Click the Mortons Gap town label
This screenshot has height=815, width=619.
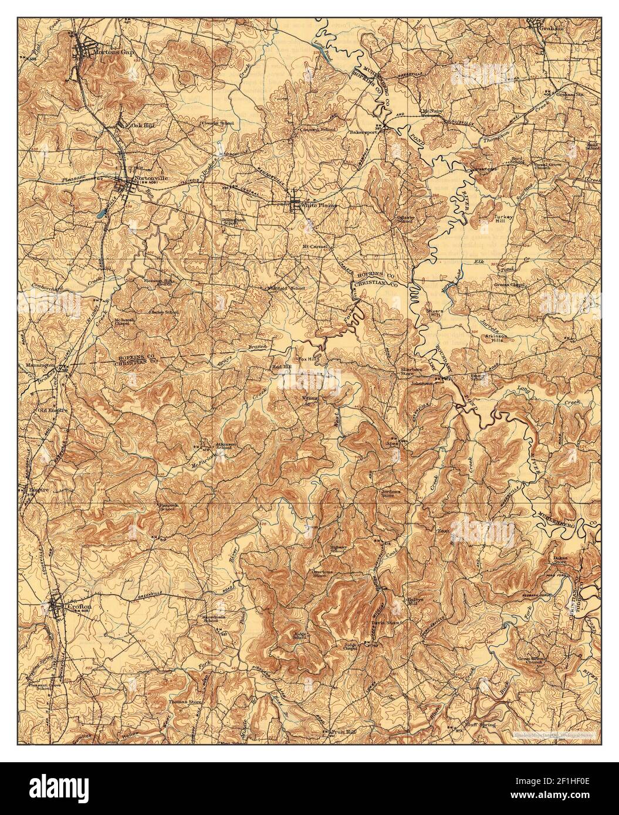(101, 52)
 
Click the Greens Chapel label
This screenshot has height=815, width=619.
(509, 286)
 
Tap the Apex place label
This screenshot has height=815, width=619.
(392, 444)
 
